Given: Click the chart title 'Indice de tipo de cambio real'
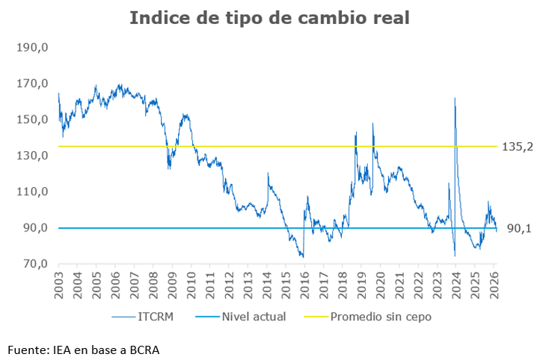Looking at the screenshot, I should coord(269,18).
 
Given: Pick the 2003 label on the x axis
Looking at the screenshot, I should coord(59,286).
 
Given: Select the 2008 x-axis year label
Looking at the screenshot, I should coord(153,286).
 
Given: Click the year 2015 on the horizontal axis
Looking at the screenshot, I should coord(285,286).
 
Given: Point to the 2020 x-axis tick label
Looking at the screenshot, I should coord(379,286).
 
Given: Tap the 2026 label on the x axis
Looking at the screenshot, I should coord(492,286).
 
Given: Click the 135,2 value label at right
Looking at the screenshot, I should coord(517,147).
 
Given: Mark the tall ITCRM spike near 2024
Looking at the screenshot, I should coord(455,99).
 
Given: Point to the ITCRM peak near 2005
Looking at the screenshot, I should coord(96,86).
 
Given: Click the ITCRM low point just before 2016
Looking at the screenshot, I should coord(303,257).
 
